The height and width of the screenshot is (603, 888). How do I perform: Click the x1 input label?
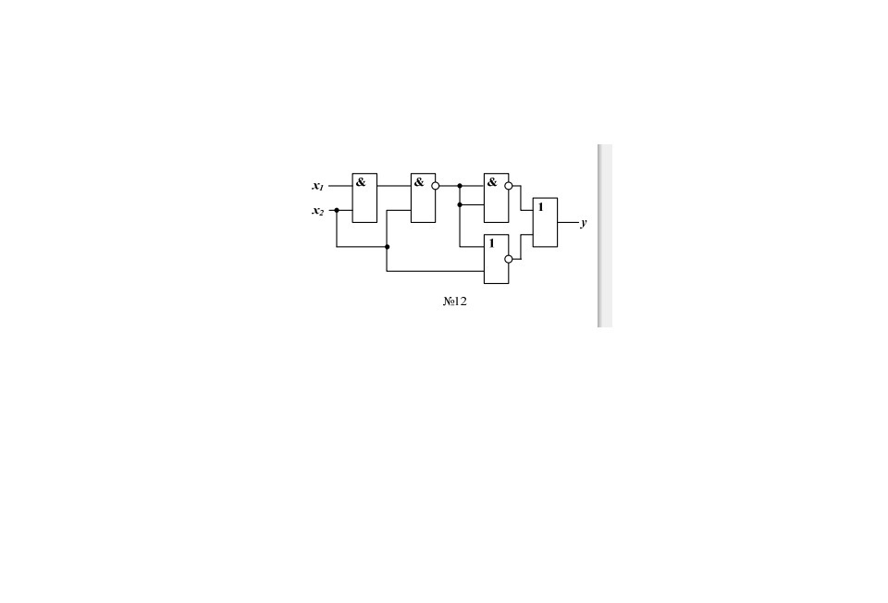317,186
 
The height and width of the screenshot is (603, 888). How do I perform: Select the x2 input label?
317,211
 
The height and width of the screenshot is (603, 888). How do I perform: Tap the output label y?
584,223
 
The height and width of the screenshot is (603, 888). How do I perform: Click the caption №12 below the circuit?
454,301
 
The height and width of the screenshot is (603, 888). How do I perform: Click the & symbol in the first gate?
361,182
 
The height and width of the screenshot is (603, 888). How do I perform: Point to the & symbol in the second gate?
419,182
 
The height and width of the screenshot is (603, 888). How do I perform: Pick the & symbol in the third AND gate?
492,182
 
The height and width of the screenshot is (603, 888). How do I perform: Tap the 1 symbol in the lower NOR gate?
492,243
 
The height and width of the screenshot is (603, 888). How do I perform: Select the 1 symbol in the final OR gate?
541,207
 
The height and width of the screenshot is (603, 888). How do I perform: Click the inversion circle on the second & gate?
436,186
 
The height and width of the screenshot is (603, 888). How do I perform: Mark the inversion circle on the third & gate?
509,186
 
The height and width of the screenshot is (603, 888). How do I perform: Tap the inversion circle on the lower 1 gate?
509,259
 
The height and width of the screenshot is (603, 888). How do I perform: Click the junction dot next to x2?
337,210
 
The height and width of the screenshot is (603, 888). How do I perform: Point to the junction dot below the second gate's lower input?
387,247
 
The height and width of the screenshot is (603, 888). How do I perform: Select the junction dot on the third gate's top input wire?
460,186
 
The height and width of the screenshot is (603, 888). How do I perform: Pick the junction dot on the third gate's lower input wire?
460,204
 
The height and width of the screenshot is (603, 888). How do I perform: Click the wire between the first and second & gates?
394,186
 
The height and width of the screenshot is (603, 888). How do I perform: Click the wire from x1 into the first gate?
340,186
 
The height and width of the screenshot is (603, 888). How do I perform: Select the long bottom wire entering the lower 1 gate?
435,271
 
